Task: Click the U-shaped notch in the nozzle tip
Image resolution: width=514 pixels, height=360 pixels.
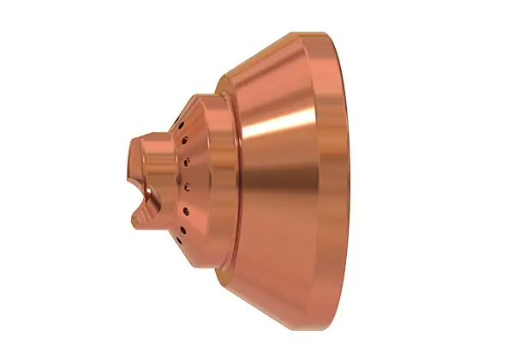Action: tap(147, 200)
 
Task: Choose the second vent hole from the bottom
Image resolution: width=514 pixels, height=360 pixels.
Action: tap(183, 210)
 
